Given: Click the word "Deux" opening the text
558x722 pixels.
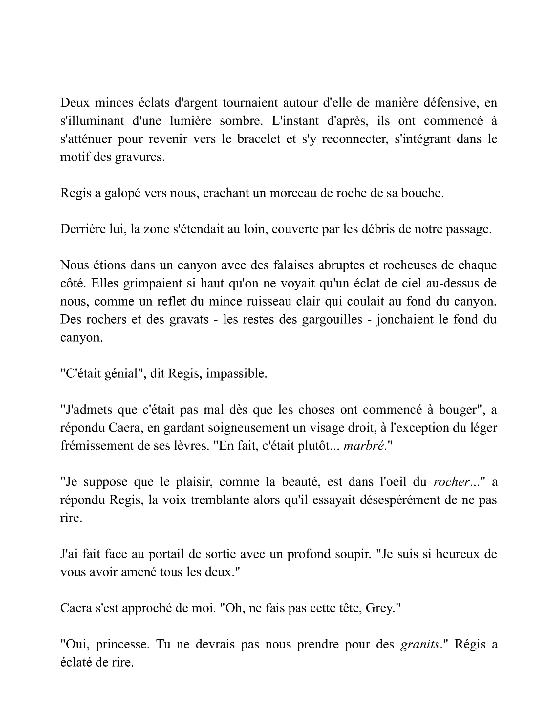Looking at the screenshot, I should tap(75, 103).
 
